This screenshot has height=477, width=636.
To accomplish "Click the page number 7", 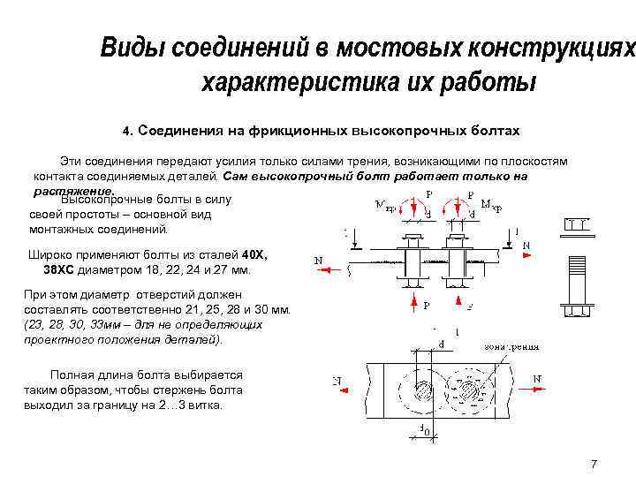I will point(594,464).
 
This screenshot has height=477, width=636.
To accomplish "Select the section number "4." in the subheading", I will point(127,131).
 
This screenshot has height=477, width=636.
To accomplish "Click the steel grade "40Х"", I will point(253,254).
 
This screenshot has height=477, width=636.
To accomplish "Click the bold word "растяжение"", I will point(73,190).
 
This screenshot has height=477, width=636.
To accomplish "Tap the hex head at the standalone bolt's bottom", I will point(576,312).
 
